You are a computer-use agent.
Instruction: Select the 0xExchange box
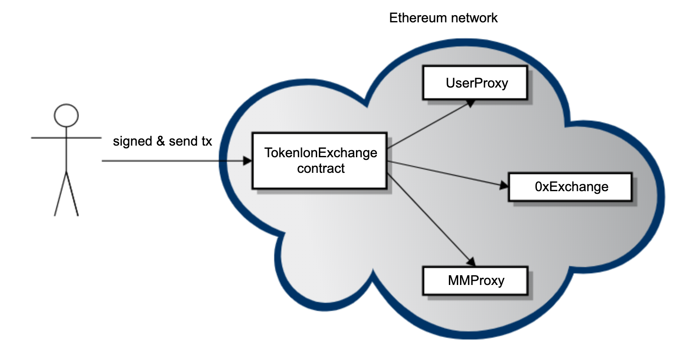570,187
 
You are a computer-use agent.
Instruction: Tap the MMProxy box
475,280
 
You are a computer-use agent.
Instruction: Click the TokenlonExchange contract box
319,160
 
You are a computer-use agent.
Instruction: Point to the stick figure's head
66,116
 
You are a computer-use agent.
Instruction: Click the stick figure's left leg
60,195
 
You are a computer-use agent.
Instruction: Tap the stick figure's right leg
72,195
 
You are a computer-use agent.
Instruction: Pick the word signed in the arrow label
132,142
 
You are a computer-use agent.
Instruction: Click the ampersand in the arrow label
160,142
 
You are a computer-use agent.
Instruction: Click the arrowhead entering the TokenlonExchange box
247,161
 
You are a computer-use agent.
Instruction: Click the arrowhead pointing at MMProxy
470,262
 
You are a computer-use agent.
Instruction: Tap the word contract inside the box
321,169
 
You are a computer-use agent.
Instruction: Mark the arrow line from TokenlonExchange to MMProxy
429,219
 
